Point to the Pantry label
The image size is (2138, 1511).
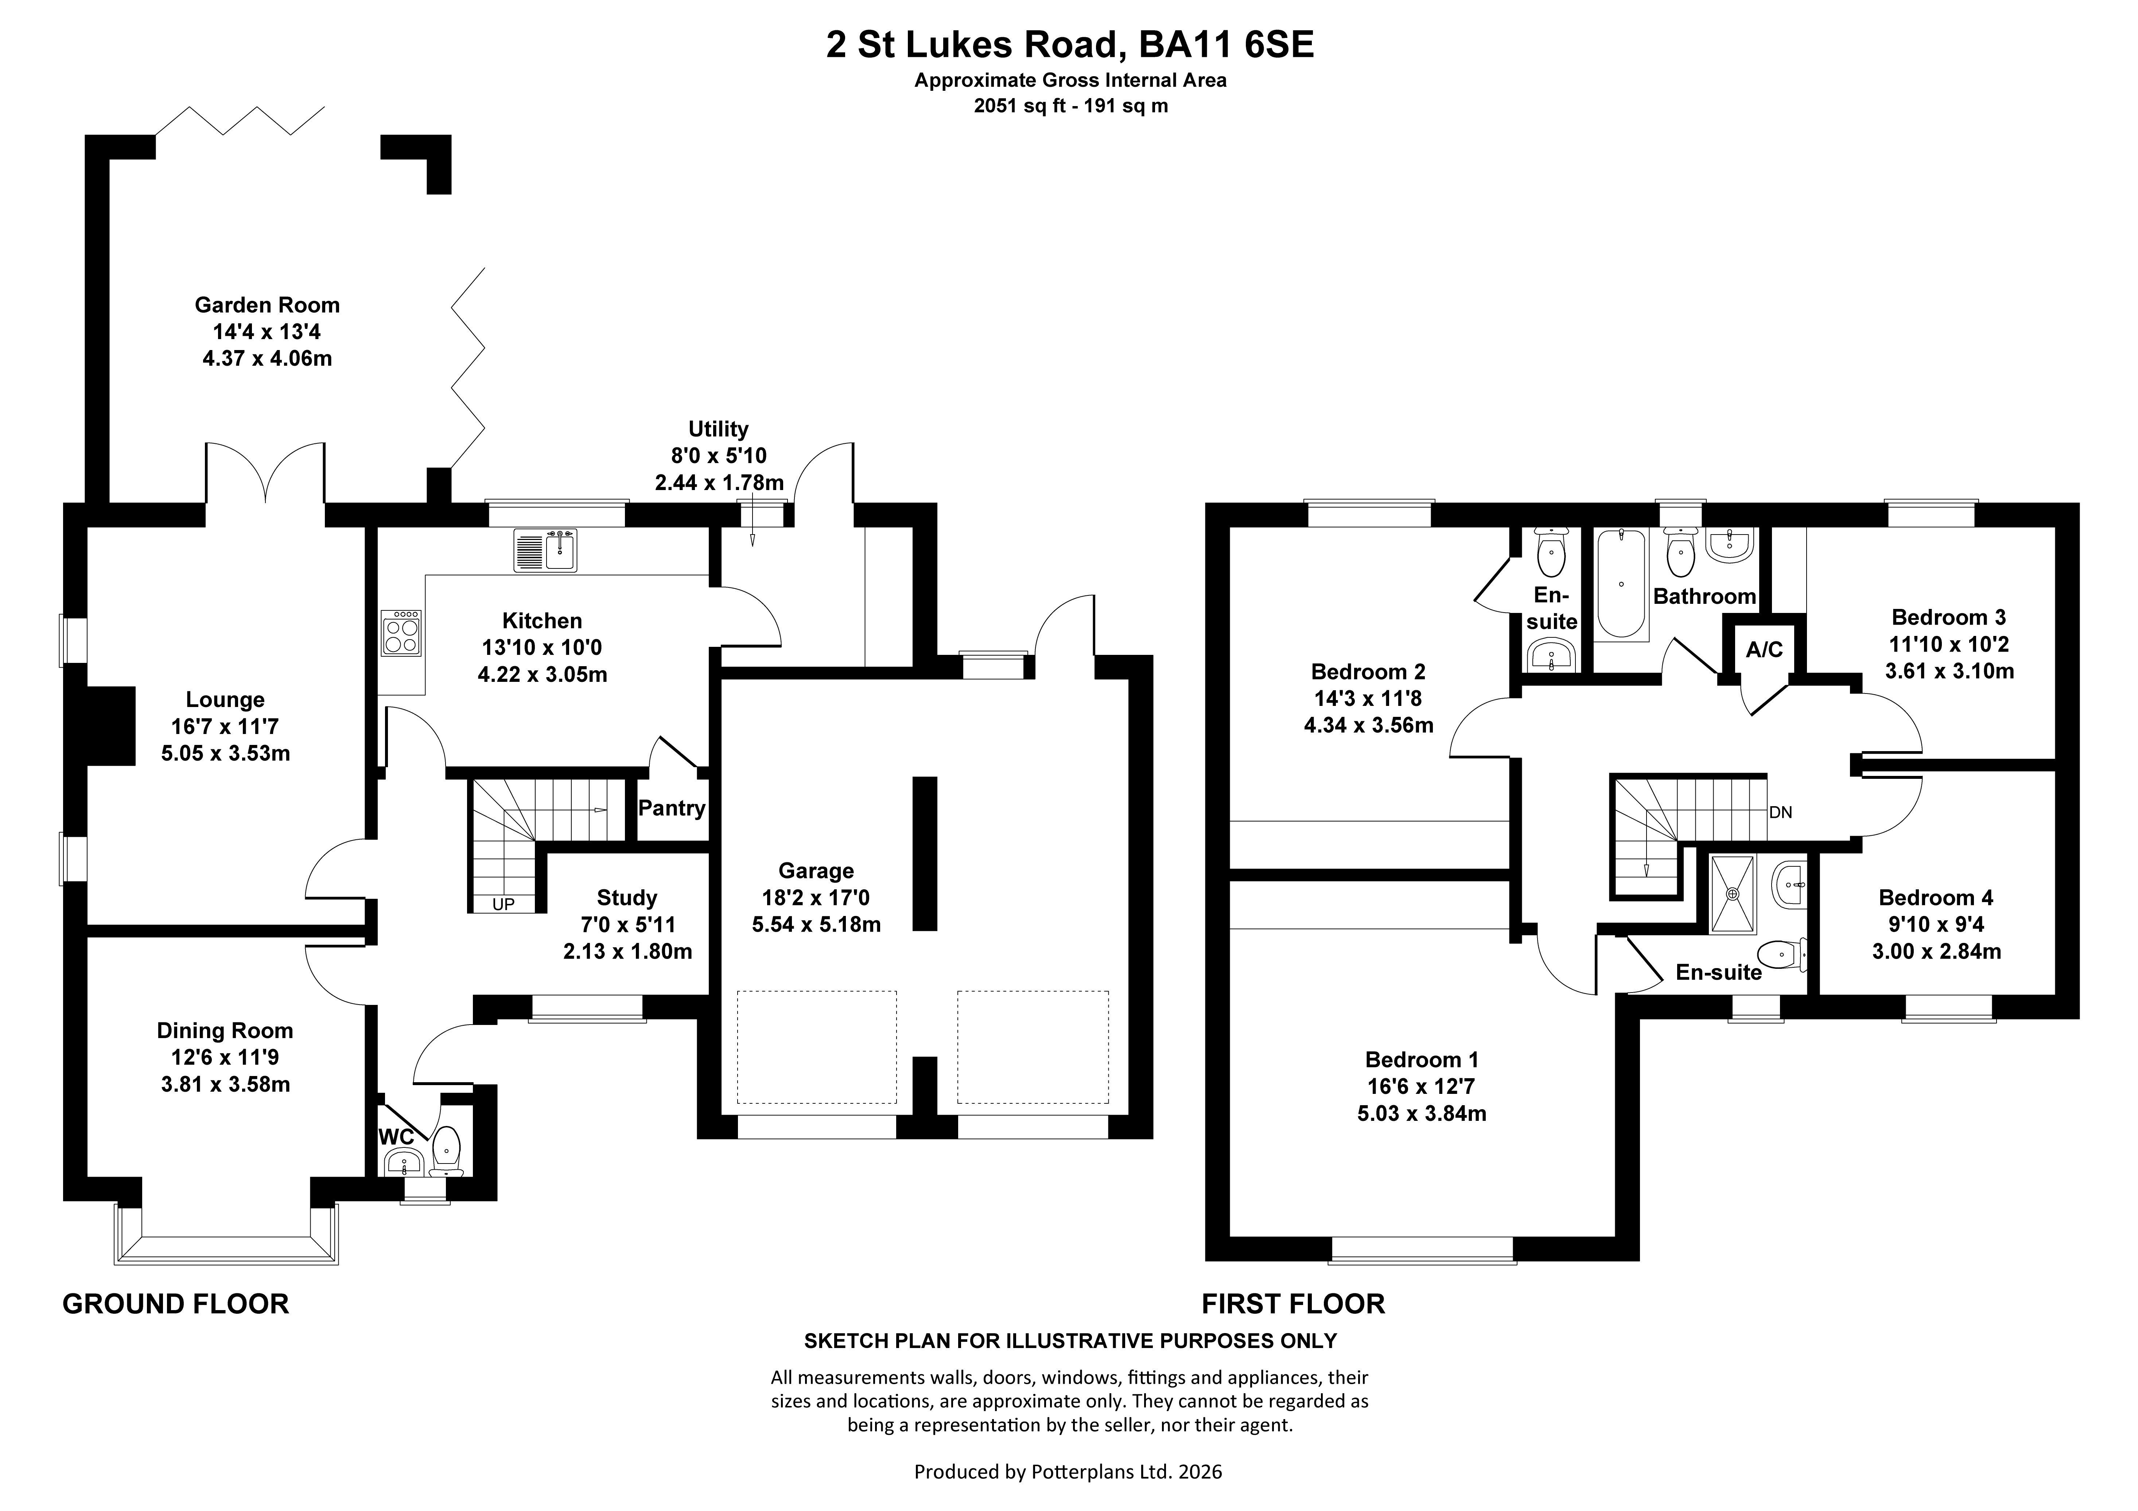point(671,808)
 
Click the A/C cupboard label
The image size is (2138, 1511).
point(1764,650)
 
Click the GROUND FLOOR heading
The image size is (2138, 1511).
point(176,1304)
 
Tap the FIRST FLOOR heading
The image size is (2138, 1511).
point(1294,1304)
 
